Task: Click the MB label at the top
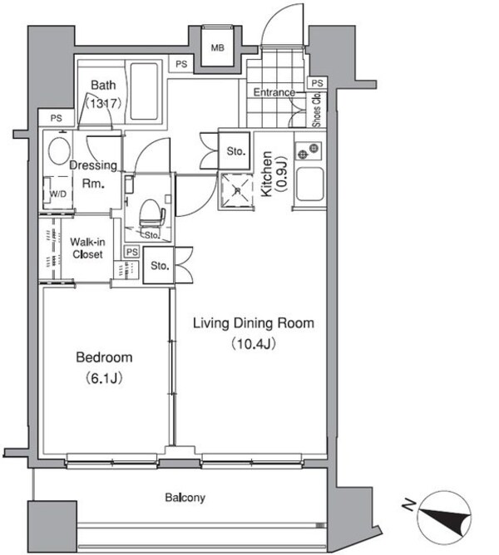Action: (x=217, y=48)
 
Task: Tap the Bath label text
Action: (x=104, y=86)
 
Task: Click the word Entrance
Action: (x=274, y=92)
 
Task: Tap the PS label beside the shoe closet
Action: (x=316, y=83)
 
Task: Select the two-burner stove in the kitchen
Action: (x=308, y=153)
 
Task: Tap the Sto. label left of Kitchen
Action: (x=235, y=151)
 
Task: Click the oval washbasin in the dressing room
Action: (x=58, y=151)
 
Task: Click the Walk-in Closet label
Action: (x=86, y=248)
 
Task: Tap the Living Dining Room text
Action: (x=254, y=322)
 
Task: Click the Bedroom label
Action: (x=104, y=357)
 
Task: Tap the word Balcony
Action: (x=184, y=498)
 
